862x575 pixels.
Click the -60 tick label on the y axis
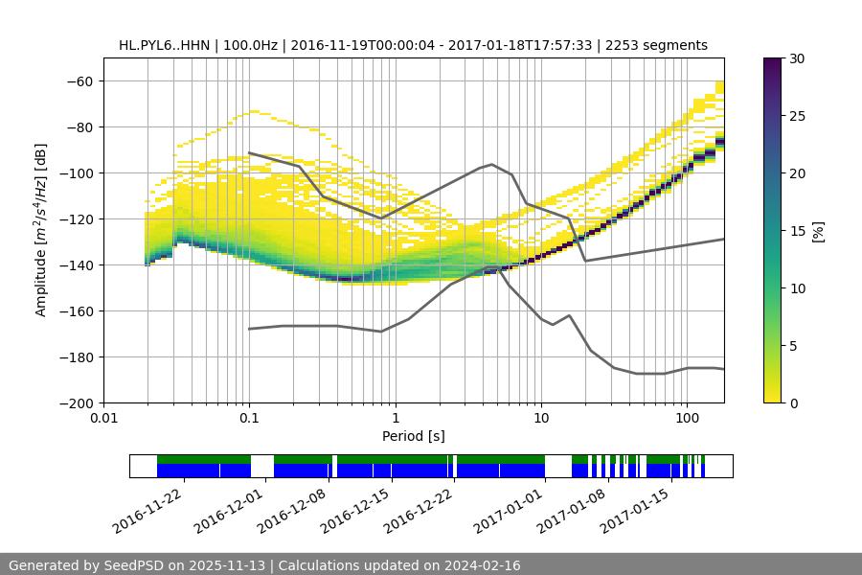pos(79,81)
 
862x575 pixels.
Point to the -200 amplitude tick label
pos(76,403)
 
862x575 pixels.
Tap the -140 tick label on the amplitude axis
pos(76,265)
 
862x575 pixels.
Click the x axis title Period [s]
pos(414,436)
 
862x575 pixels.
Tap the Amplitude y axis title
pos(41,230)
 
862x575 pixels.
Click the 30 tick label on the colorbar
pos(796,58)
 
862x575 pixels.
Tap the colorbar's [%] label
pos(818,231)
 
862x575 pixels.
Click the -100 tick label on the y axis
pos(76,173)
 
